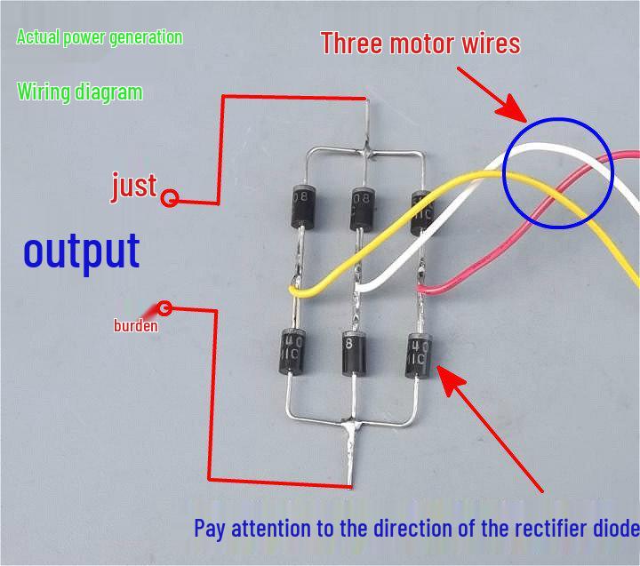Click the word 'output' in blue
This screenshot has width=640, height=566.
pos(81,251)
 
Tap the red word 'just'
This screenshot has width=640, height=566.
pos(133,186)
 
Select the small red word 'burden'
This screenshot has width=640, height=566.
pos(135,326)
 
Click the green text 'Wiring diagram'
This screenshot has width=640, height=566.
pos(79,92)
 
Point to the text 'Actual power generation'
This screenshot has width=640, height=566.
pos(100,37)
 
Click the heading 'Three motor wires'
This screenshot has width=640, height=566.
pos(420,43)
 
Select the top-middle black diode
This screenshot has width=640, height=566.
pos(361,207)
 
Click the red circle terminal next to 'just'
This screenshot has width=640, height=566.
pos(170,198)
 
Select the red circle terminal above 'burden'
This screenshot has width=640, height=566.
pos(165,309)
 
